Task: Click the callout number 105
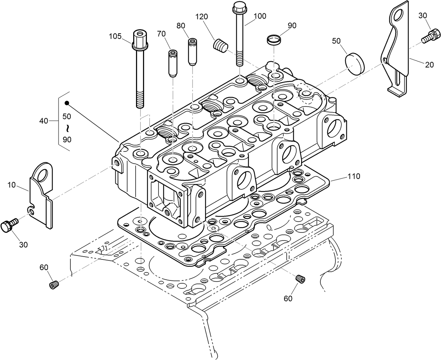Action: (x=115, y=36)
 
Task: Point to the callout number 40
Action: (x=43, y=121)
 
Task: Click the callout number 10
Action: (x=12, y=185)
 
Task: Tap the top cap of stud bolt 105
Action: (x=139, y=35)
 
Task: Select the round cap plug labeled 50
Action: (x=354, y=61)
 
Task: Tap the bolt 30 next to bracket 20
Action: (x=428, y=36)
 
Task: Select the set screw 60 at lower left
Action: (x=53, y=285)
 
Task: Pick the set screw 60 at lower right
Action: (x=300, y=279)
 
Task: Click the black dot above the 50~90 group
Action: (x=67, y=103)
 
